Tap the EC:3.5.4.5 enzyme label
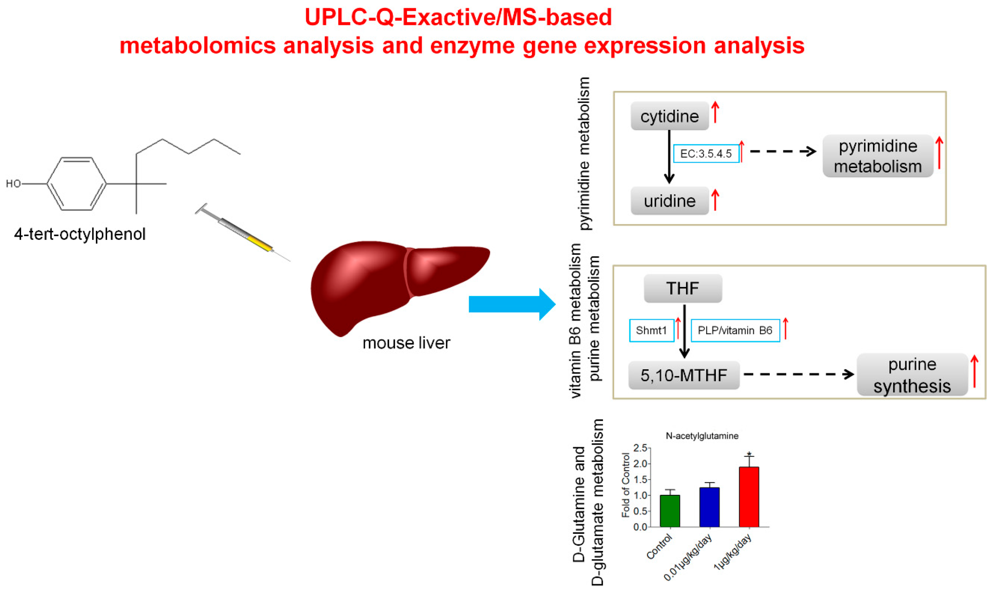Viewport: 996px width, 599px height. pos(706,153)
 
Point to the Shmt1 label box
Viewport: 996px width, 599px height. pos(651,330)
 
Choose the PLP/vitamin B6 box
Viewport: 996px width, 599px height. pos(735,330)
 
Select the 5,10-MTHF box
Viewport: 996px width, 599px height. pos(683,375)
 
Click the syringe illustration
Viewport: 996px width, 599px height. pos(242,232)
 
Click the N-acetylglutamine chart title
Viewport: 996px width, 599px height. pos(702,436)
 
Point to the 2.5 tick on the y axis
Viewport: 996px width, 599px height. pos(640,448)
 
